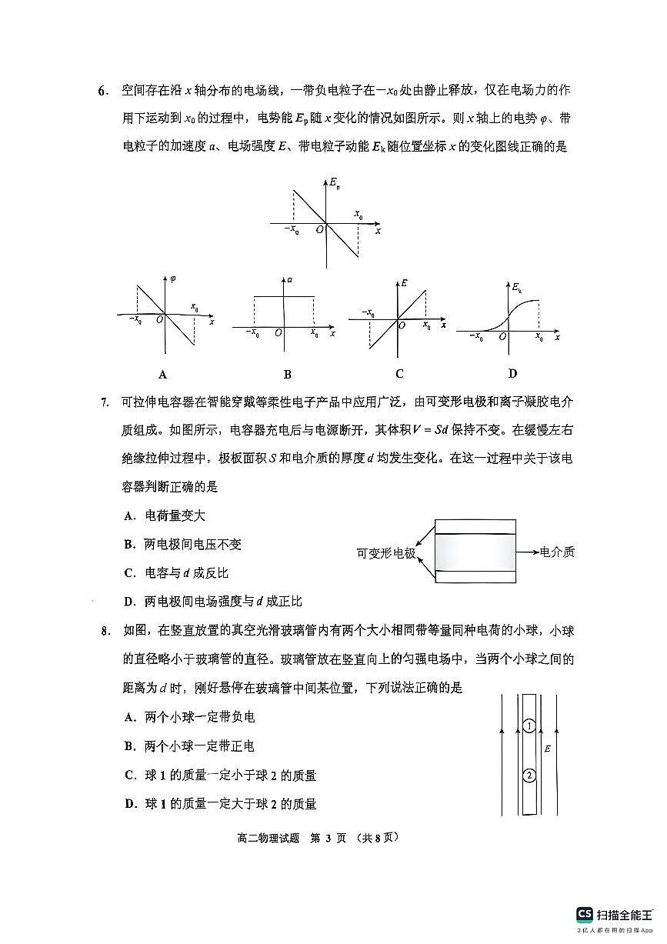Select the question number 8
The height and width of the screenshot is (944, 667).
click(105, 632)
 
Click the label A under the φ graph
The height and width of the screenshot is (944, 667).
click(162, 375)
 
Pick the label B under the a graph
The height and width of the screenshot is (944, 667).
click(287, 375)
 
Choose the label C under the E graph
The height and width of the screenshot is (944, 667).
click(399, 374)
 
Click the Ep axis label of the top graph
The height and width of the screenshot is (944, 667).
click(335, 184)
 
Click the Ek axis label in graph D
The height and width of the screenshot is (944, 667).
click(518, 288)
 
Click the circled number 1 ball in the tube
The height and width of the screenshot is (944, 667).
click(529, 726)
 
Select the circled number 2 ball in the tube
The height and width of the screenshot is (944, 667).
click(529, 775)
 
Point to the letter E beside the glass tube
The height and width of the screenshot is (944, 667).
click(547, 749)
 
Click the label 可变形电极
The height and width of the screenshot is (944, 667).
click(385, 553)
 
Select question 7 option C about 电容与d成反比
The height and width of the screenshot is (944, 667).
click(176, 573)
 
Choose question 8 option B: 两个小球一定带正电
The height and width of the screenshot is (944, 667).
click(189, 746)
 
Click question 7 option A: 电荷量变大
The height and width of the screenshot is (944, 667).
click(165, 516)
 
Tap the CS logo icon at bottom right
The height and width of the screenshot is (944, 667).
click(585, 915)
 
